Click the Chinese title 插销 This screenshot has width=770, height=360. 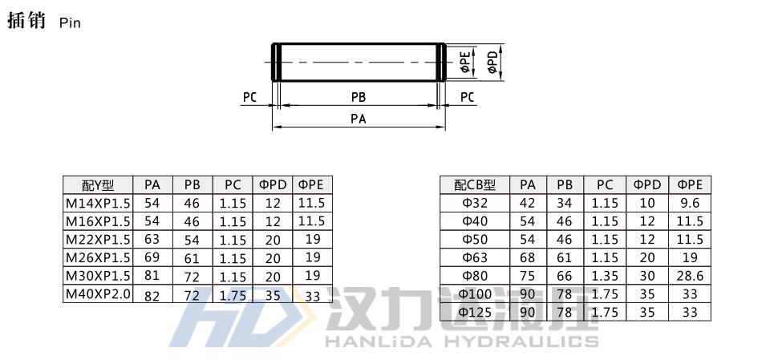click(26, 21)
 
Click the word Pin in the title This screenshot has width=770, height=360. click(70, 23)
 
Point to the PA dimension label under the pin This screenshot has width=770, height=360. click(359, 119)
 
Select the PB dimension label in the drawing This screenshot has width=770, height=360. click(359, 97)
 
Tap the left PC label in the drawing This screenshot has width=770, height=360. click(250, 97)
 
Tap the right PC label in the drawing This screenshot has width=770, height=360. click(468, 97)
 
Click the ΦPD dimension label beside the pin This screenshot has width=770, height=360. click(493, 62)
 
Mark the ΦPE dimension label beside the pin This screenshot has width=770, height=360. click(465, 63)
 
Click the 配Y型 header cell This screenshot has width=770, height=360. click(98, 185)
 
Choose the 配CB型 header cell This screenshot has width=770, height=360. click(475, 185)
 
